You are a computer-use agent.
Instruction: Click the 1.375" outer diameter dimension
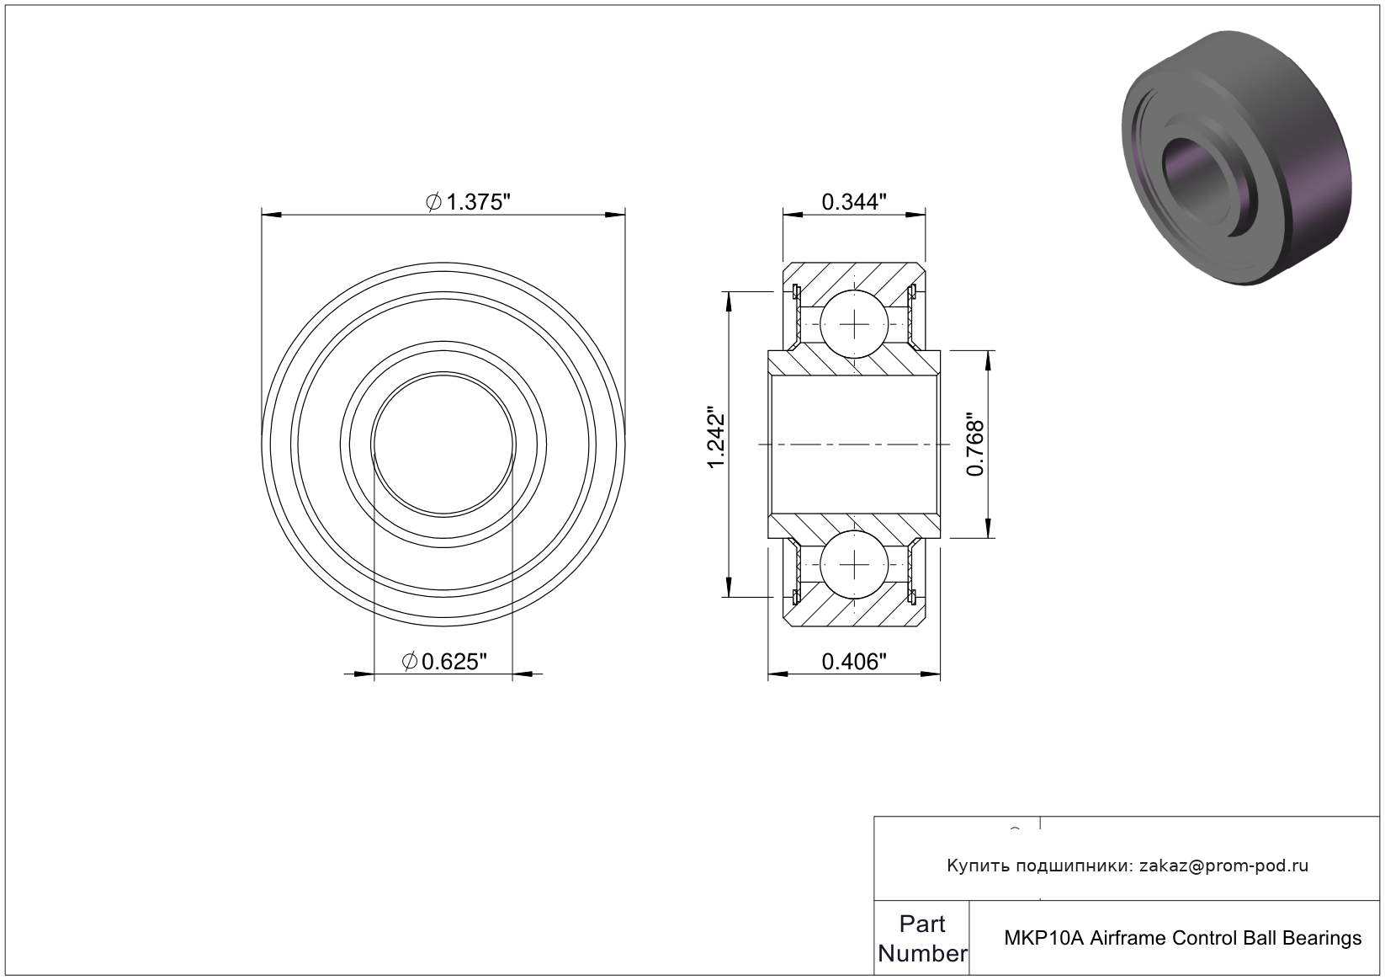pos(469,202)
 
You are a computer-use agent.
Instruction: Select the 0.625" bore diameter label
pos(444,662)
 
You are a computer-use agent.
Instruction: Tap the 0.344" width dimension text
pos(854,202)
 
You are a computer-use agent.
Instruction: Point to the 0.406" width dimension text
pos(854,662)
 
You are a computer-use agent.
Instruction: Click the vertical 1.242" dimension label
pos(716,438)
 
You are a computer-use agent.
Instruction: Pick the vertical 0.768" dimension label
pos(975,445)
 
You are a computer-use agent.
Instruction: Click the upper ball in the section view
pos(855,324)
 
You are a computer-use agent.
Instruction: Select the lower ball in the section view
pos(855,564)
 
